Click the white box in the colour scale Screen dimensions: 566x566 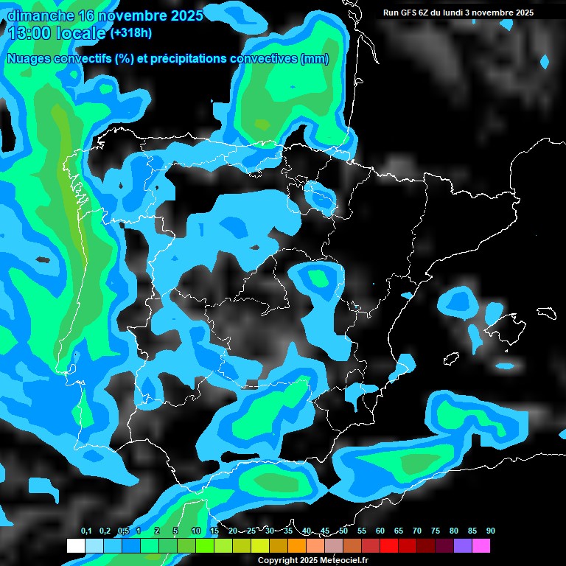(75, 545)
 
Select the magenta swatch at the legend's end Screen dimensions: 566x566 (481, 545)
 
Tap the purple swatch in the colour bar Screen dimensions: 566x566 (463, 545)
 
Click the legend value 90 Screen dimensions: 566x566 (491, 531)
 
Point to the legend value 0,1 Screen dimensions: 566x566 (86, 531)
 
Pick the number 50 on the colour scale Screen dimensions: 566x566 (343, 531)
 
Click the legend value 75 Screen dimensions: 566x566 (436, 531)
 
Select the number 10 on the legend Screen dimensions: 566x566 (195, 531)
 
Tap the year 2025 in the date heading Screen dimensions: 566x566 (183, 15)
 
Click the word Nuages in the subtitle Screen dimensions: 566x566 (29, 59)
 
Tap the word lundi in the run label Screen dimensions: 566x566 (450, 13)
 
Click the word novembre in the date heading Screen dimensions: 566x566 (128, 15)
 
